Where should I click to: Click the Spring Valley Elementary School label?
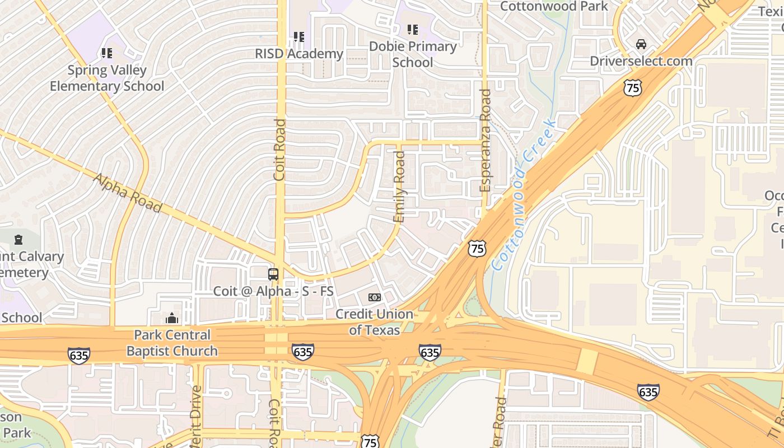(107, 78)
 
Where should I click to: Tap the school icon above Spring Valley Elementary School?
(107, 53)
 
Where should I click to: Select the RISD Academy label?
(299, 54)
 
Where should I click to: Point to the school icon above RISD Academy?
(299, 37)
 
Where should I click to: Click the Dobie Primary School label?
(413, 54)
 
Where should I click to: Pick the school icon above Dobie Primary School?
(413, 30)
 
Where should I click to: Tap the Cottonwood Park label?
(554, 6)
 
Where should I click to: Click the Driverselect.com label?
(641, 61)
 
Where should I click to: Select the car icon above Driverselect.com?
(641, 44)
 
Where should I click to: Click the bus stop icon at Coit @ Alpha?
(273, 274)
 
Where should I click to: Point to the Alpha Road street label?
(128, 193)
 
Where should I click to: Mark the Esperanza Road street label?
(486, 140)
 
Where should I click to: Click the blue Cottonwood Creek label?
(525, 194)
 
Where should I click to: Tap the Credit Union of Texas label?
(374, 322)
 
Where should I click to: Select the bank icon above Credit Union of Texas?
(374, 297)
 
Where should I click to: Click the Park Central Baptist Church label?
(172, 343)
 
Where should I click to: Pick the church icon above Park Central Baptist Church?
(172, 318)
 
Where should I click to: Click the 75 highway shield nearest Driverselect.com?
(633, 87)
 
